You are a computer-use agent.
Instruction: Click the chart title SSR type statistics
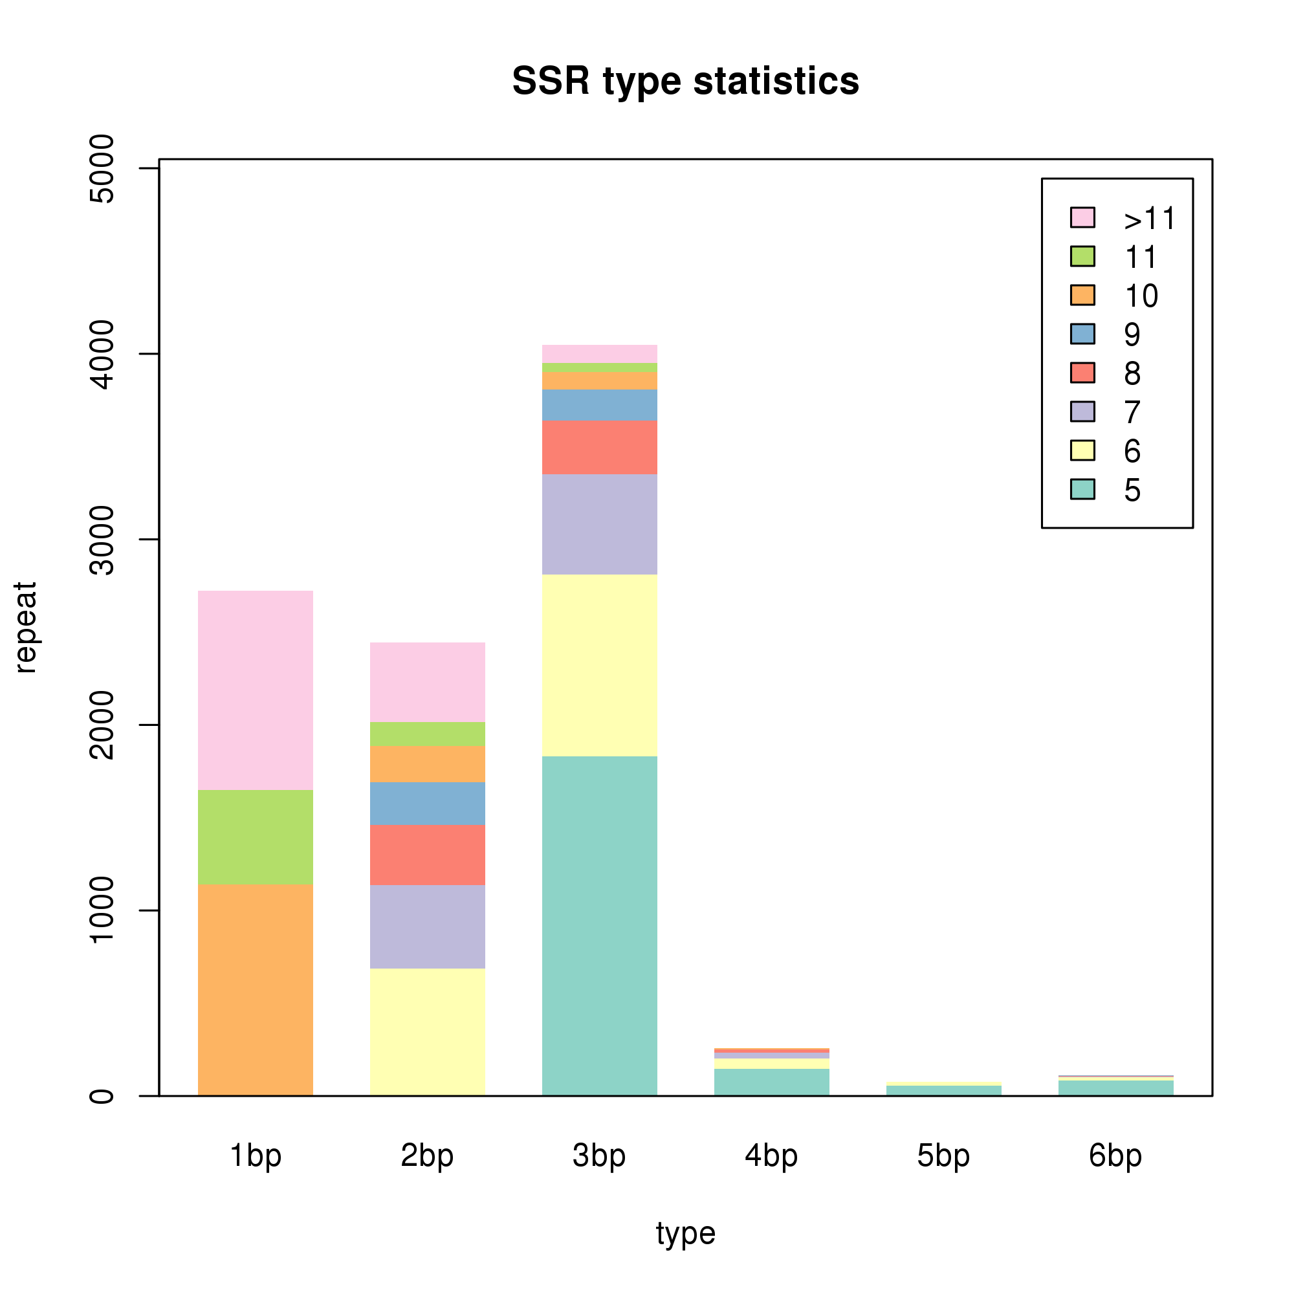[685, 81]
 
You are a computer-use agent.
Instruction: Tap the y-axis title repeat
[25, 627]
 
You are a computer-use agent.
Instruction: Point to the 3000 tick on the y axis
[149, 539]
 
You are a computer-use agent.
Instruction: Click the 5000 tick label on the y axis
[102, 168]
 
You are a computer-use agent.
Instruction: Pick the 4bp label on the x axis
[772, 1156]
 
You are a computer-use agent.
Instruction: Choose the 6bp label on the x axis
[1116, 1156]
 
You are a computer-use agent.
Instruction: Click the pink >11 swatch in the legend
[1082, 217]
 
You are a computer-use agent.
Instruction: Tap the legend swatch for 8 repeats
[1082, 373]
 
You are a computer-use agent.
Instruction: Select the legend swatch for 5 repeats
[1082, 490]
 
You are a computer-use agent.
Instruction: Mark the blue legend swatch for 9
[1082, 334]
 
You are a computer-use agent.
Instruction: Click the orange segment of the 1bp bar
[255, 990]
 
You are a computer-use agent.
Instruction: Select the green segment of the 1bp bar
[255, 837]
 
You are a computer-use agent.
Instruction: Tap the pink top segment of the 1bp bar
[255, 690]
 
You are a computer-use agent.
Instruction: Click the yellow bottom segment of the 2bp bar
[427, 1032]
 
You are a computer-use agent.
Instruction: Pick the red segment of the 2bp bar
[427, 855]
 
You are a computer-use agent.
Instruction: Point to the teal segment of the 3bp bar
[600, 927]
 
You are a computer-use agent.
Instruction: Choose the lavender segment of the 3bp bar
[600, 525]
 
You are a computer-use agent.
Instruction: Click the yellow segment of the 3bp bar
[600, 666]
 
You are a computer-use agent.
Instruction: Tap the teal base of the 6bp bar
[1116, 1088]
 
